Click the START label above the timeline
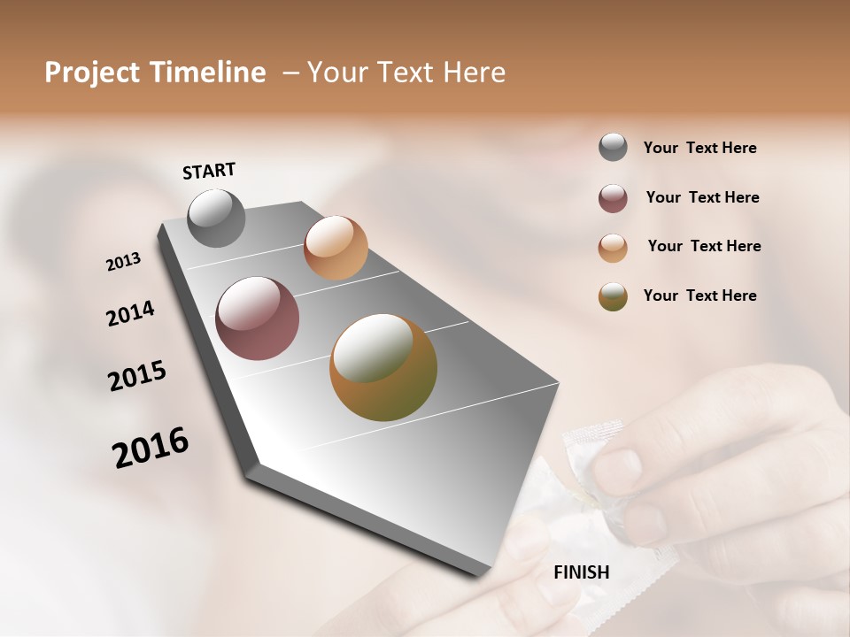[x=209, y=171]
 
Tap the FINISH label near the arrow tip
[x=581, y=572]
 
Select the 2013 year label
[x=123, y=262]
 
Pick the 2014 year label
[x=130, y=314]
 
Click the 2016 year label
[x=151, y=448]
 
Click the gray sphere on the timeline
[x=217, y=218]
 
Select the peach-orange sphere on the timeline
[x=336, y=248]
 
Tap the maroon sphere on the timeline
[x=258, y=318]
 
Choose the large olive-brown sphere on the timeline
[x=383, y=367]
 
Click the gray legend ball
[x=613, y=148]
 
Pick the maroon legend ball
[x=613, y=198]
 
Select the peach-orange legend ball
[x=613, y=248]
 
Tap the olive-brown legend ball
[x=613, y=296]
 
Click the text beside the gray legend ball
[x=699, y=149]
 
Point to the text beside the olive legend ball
[x=699, y=295]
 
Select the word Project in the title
[x=91, y=73]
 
